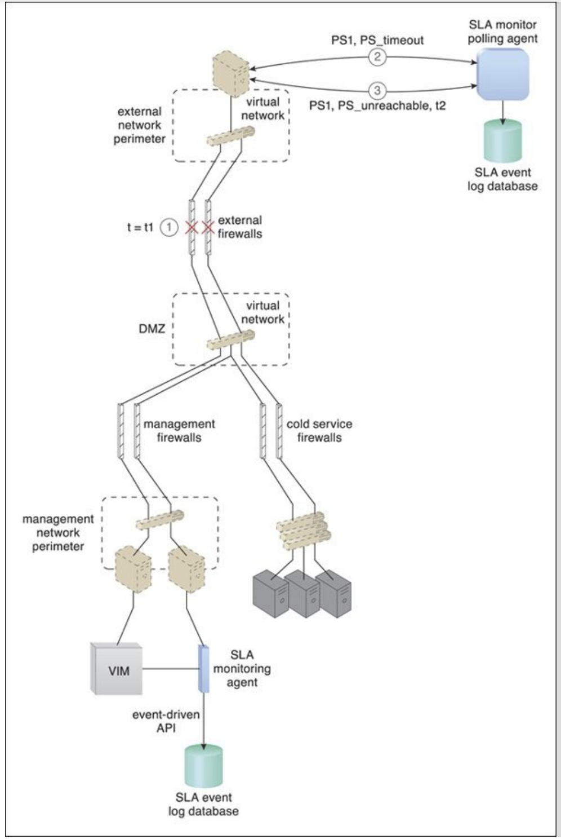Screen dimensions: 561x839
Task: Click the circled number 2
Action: click(377, 57)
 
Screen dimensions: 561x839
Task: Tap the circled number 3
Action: click(377, 90)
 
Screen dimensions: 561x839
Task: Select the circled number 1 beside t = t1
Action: click(169, 227)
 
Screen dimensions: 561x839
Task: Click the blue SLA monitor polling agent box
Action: click(502, 74)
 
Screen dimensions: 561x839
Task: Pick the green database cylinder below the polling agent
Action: click(502, 141)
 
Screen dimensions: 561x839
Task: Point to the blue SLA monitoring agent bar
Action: click(203, 669)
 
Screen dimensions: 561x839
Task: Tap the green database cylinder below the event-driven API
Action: click(203, 766)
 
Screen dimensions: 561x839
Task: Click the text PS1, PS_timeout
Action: click(377, 40)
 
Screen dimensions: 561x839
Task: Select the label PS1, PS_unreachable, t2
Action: click(377, 106)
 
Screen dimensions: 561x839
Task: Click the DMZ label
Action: click(152, 329)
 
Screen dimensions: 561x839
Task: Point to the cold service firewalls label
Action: click(319, 431)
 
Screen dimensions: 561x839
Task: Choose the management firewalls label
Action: click(179, 431)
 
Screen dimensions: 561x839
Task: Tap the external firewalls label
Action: click(239, 227)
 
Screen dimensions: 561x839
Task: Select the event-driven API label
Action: click(166, 721)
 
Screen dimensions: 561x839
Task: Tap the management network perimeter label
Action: click(58, 533)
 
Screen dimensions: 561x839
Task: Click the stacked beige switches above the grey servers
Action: click(304, 531)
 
